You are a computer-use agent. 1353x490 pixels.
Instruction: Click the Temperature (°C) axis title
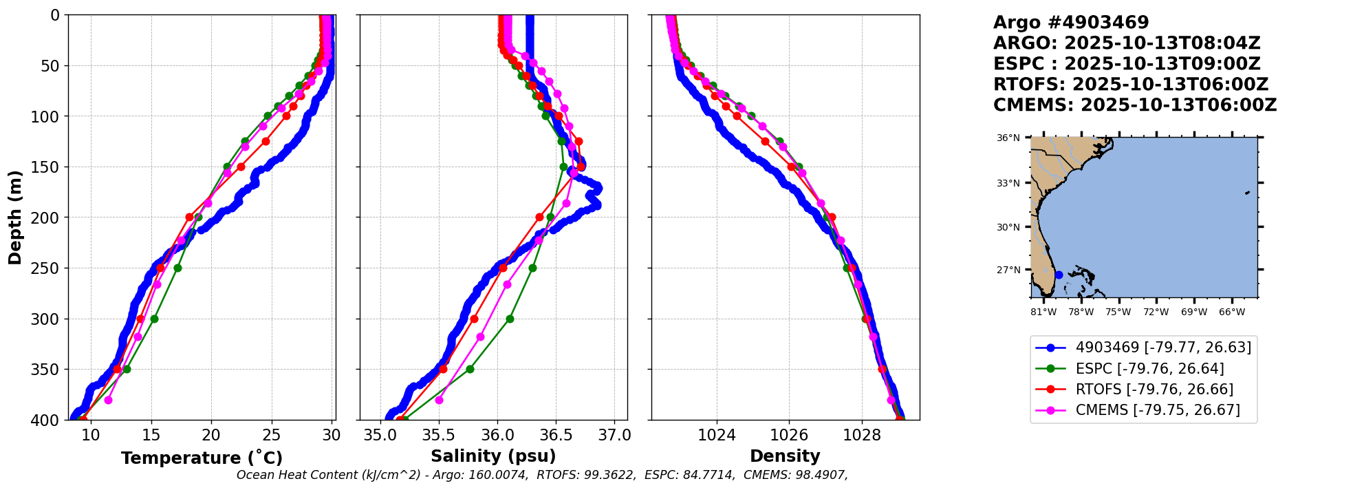coord(202,458)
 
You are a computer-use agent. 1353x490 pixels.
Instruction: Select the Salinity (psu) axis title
coord(493,456)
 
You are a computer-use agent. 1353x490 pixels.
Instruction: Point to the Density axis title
coord(785,456)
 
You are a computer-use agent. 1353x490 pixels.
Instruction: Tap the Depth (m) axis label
coord(15,217)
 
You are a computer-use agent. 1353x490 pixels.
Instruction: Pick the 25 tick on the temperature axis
coord(272,435)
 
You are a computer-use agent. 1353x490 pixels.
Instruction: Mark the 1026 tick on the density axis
coord(789,435)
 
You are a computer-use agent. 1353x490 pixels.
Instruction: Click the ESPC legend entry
coord(1149,369)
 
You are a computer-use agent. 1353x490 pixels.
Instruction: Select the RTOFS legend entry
coord(1154,390)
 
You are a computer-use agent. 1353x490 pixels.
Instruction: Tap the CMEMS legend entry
coord(1158,410)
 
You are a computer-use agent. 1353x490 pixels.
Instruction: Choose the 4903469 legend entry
coord(1163,348)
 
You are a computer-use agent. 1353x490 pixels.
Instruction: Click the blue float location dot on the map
coord(1059,275)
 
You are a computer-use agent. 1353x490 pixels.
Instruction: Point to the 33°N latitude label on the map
coord(1008,183)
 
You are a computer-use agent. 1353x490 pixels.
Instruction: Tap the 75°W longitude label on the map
coord(1118,312)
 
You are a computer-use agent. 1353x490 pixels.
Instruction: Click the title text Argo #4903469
coord(1071,23)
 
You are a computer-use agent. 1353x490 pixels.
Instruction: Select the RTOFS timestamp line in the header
coord(1130,85)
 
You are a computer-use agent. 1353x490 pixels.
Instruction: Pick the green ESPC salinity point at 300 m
coord(510,319)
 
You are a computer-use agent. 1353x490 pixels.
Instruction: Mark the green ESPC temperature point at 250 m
coord(177,268)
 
